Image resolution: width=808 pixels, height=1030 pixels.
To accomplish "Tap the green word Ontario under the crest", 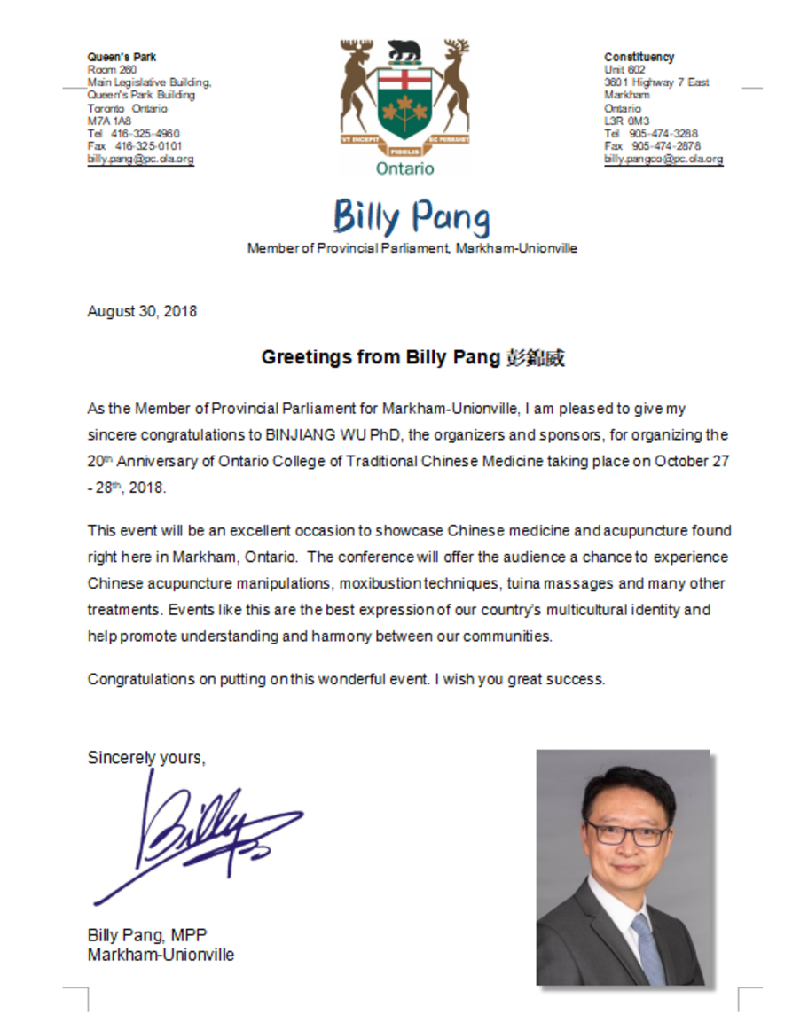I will tap(404, 168).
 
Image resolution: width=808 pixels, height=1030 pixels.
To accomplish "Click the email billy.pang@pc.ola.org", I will tap(140, 160).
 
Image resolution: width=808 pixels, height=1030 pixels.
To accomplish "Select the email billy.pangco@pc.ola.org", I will tap(663, 160).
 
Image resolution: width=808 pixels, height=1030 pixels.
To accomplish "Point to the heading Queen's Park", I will tap(122, 57).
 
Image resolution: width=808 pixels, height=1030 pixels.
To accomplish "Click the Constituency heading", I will tap(639, 57).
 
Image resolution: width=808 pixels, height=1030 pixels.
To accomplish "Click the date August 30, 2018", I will tap(142, 312).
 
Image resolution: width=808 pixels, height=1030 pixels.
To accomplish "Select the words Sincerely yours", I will tap(146, 758).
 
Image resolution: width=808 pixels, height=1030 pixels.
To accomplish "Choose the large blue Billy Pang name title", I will tap(411, 217).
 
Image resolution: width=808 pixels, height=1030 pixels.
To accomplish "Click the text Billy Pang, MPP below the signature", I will tap(147, 936).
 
